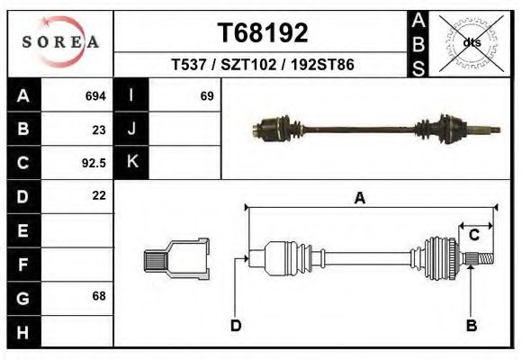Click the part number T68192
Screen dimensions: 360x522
pos(263,33)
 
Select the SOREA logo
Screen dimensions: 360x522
pos(61,42)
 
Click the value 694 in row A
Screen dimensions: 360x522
pos(94,96)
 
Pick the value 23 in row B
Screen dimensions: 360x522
pos(99,130)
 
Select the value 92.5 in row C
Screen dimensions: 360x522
pos(94,163)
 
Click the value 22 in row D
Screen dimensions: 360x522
pos(99,195)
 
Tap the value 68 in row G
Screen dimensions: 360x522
pos(99,296)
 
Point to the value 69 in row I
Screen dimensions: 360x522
pos(206,96)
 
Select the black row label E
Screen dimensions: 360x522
pos(23,230)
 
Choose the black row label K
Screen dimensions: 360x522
pos(131,163)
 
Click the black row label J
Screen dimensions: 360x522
pos(131,130)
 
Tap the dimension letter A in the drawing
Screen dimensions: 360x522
pos(360,199)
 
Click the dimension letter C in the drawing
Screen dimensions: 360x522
pos(473,236)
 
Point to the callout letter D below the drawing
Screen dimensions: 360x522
pos(236,326)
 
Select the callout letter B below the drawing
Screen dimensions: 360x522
pos(471,326)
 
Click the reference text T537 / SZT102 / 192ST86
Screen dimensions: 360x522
pos(263,65)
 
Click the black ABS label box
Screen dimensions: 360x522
pos(418,42)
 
